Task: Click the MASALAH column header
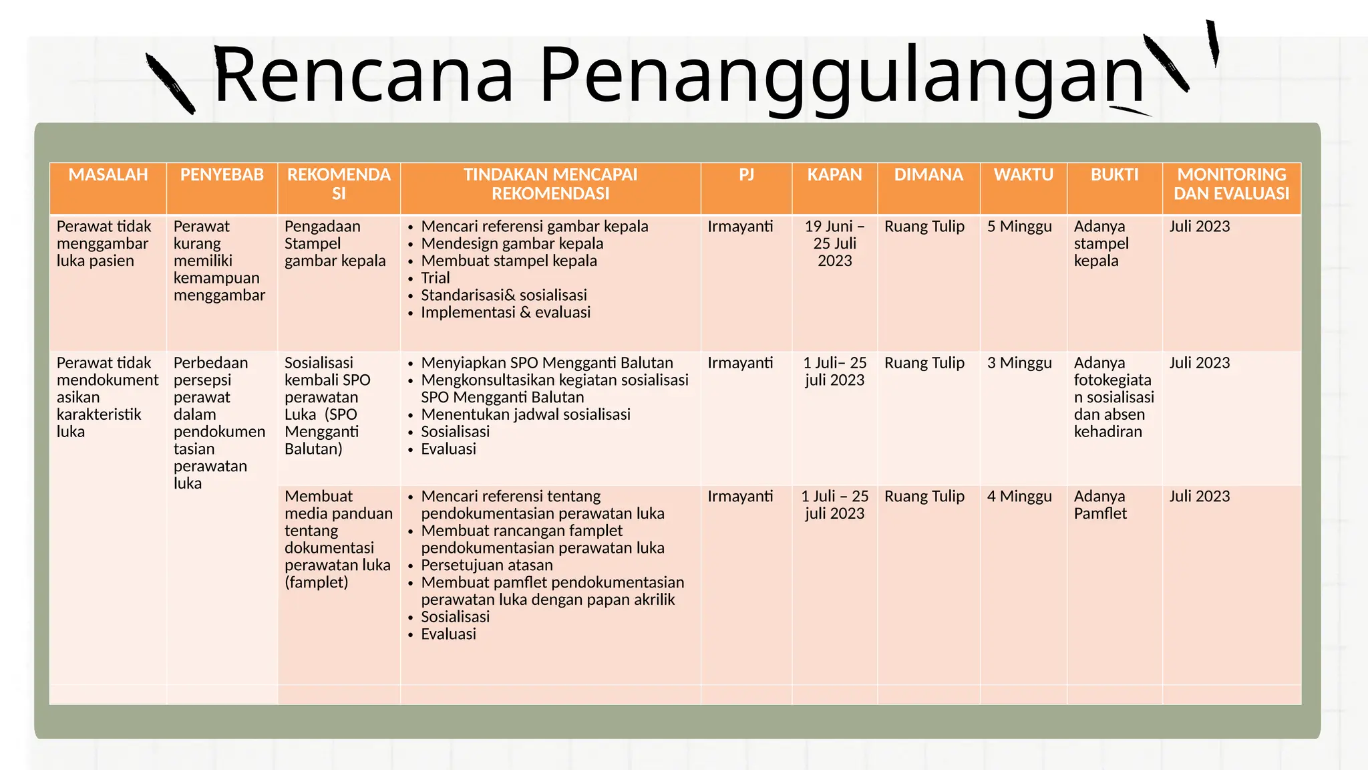[x=108, y=175]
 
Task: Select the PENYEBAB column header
[x=222, y=175]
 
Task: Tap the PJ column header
[x=746, y=175]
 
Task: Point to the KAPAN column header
[x=834, y=175]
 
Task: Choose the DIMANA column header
[x=928, y=175]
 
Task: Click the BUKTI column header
[x=1114, y=175]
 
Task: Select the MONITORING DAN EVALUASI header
[x=1231, y=184]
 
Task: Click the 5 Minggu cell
[x=1019, y=227]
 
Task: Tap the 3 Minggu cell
[x=1019, y=363]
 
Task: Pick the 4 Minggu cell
[x=1019, y=497]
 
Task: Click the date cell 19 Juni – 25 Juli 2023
[x=834, y=243]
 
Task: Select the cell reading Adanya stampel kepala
[x=1101, y=243]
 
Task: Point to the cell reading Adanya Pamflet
[x=1100, y=505]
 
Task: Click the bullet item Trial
[x=435, y=278]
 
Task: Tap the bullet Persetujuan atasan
[x=487, y=565]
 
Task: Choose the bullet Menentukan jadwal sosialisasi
[x=526, y=414]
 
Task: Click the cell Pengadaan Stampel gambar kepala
[x=335, y=243]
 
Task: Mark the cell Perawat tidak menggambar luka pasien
[x=104, y=243]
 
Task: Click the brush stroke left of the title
[x=170, y=84]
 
